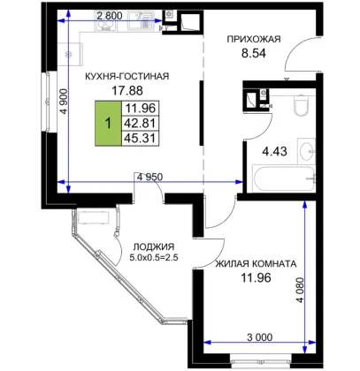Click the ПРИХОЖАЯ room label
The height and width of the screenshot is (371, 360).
click(254, 39)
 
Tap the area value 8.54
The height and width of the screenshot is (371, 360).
click(254, 53)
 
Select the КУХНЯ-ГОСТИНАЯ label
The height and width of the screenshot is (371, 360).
click(127, 76)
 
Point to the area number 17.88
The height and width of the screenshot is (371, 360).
click(127, 91)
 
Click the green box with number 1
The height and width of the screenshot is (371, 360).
click(108, 123)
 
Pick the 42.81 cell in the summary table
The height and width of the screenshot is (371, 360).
click(141, 123)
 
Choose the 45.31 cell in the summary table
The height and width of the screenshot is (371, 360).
click(141, 138)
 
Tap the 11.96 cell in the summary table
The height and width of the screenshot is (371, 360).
click(141, 108)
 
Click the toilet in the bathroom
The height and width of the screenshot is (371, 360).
click(301, 105)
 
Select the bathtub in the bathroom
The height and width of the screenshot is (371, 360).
click(284, 179)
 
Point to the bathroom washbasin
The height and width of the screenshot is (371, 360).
click(307, 151)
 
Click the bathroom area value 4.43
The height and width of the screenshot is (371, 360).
click(274, 152)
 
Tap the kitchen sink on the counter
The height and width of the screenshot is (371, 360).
click(141, 20)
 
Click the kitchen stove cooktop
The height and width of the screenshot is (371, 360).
click(105, 21)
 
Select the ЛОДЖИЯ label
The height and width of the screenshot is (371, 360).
click(154, 246)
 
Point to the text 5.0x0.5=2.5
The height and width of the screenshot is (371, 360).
click(154, 258)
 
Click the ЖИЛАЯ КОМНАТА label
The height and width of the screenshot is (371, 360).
click(256, 264)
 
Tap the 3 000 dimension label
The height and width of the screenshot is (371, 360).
click(259, 337)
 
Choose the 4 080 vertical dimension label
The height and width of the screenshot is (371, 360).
click(300, 291)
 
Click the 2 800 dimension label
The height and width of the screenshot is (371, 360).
click(110, 16)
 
